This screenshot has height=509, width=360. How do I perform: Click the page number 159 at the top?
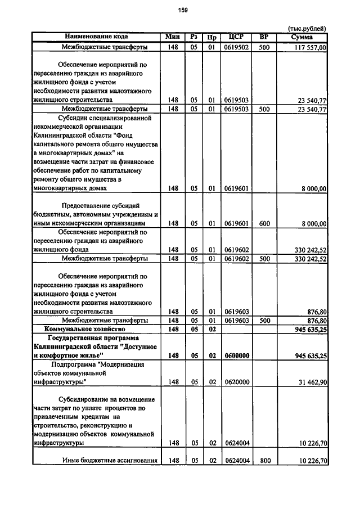(183, 10)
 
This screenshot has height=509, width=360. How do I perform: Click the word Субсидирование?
(85, 399)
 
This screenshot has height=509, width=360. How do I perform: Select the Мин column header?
(172, 37)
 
